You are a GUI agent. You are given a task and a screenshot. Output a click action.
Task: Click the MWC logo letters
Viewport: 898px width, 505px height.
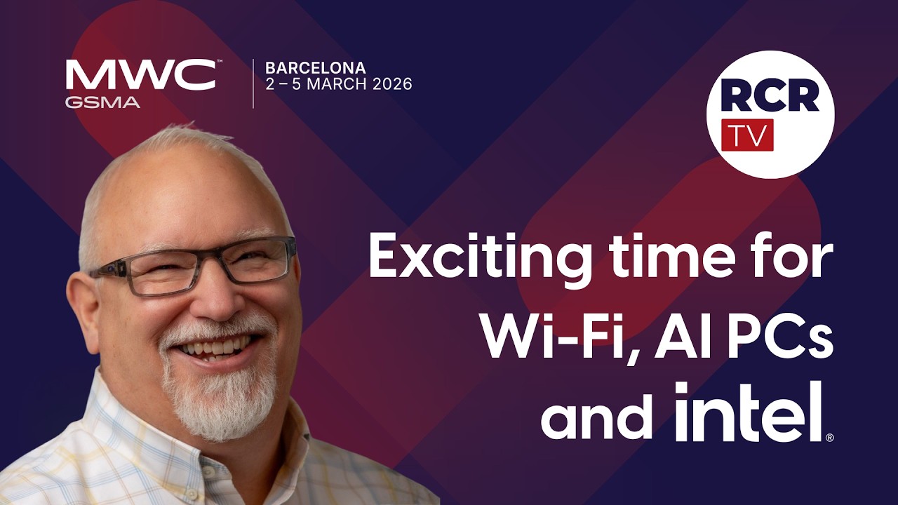[x=140, y=74]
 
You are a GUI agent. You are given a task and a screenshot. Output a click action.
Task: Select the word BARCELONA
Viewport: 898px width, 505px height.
[x=315, y=68]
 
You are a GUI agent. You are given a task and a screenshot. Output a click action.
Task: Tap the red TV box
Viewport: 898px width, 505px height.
[x=747, y=135]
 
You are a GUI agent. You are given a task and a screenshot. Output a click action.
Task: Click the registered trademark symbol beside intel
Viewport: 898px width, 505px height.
[x=829, y=438]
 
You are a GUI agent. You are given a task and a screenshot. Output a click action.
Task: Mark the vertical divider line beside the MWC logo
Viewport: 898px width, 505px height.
[x=253, y=83]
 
